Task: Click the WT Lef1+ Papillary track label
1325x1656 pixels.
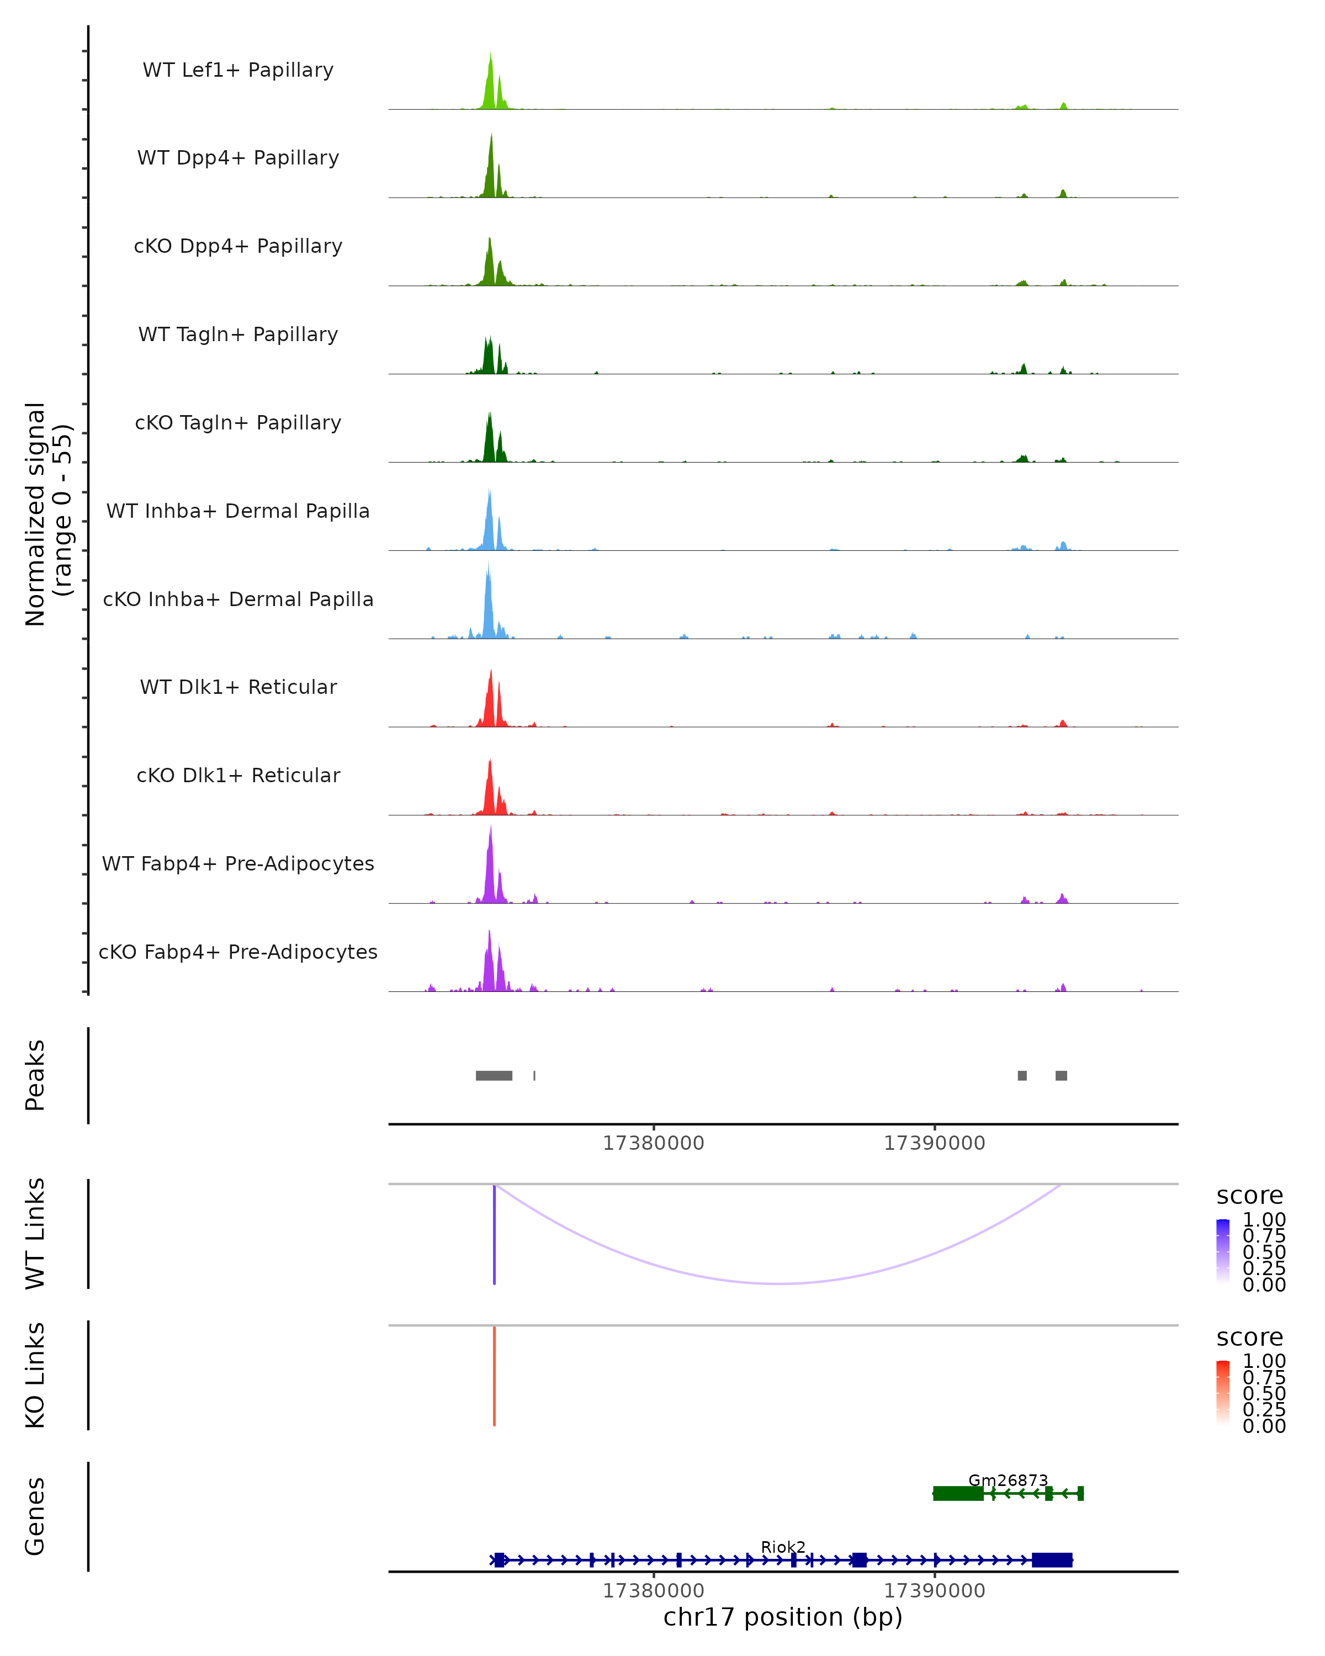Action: (x=238, y=70)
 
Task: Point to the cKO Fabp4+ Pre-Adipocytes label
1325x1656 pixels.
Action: (x=238, y=952)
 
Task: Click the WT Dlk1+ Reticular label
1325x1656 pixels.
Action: (x=238, y=687)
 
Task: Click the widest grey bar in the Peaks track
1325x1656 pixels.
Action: (x=494, y=1075)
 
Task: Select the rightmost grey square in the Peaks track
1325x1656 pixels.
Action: (x=1061, y=1075)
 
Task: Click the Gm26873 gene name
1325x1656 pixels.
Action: (x=1008, y=1480)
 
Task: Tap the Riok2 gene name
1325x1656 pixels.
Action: (x=783, y=1547)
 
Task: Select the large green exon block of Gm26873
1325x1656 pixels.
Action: (x=958, y=1493)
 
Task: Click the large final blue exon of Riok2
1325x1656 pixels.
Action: (x=1052, y=1560)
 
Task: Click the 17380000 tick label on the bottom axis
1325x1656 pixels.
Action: (x=653, y=1591)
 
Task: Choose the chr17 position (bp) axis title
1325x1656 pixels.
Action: (x=783, y=1617)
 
